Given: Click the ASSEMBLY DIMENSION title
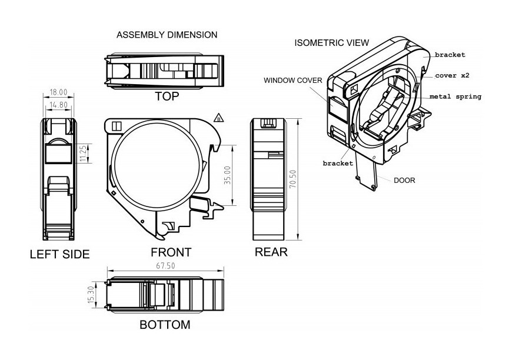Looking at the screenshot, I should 167,35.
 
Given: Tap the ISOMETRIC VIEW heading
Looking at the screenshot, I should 332,42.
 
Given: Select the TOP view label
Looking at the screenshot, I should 167,96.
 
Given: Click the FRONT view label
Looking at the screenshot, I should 171,252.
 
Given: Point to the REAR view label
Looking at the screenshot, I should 271,252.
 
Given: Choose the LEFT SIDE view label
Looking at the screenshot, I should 59,254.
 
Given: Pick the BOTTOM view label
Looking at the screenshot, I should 165,325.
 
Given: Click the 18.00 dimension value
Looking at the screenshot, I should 58,92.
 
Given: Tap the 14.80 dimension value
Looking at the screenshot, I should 58,104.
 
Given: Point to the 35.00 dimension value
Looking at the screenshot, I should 228,175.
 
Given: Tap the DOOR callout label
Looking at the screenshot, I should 404,180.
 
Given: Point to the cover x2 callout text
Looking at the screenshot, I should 452,76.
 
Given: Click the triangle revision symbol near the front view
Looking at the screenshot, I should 219,117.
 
